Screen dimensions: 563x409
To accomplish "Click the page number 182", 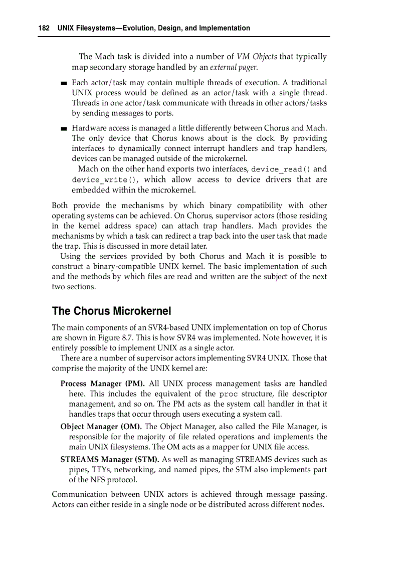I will pyautogui.click(x=44, y=28).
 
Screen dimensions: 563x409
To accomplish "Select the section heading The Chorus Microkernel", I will pyautogui.click(x=111, y=311).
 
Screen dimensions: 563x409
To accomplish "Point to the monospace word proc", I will pyautogui.click(x=229, y=394).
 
